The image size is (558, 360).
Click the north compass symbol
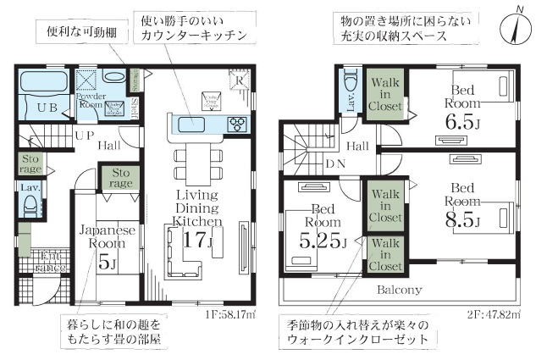coord(517,29)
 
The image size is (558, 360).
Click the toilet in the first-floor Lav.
coord(29,203)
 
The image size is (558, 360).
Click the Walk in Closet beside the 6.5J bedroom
coord(384,95)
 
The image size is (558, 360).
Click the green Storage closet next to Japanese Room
coord(119,179)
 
